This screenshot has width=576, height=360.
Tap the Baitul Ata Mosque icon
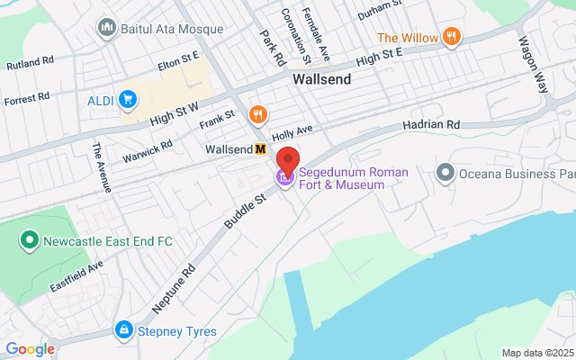click(108, 28)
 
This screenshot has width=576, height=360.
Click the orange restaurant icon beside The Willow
click(451, 37)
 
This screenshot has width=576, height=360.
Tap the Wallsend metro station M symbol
click(260, 149)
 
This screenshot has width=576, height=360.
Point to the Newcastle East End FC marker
click(29, 240)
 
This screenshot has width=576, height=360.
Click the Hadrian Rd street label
click(431, 124)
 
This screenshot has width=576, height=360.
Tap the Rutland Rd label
click(30, 65)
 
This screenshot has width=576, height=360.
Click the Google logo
click(30, 349)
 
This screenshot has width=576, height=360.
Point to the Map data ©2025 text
click(537, 353)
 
